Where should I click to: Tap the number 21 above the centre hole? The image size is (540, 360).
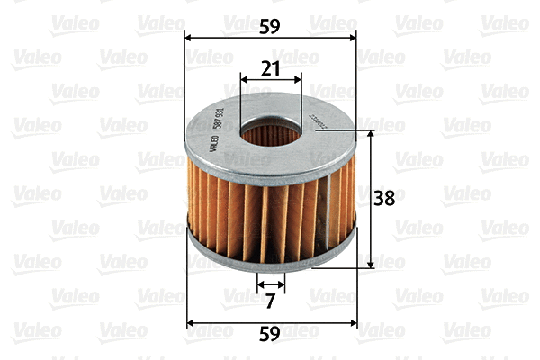point(271,67)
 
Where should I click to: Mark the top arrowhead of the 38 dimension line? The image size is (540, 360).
point(371,134)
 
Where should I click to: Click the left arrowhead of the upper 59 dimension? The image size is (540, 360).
point(187,38)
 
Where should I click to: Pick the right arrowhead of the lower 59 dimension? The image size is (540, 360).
point(354,322)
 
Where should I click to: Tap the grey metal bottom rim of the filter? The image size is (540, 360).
point(270,262)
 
